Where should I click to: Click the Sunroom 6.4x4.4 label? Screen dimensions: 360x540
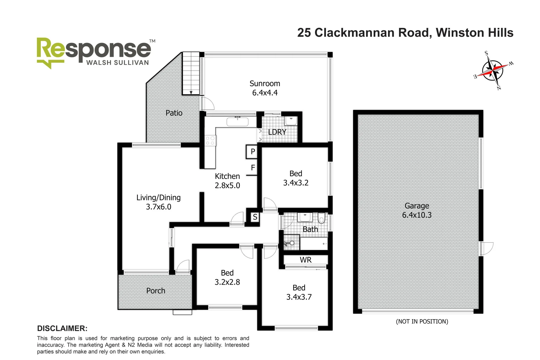point(265,88)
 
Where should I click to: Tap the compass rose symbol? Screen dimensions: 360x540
point(493,70)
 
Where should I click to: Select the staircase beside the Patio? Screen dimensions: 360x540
point(191,74)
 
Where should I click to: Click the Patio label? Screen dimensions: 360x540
point(174,113)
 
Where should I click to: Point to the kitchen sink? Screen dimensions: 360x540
point(237,122)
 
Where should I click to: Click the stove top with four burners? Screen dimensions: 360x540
point(210,140)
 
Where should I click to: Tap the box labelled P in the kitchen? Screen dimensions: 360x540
point(252,152)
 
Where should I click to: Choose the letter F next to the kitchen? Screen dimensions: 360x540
point(253,168)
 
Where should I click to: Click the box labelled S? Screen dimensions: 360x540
point(255,217)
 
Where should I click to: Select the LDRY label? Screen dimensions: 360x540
point(277,132)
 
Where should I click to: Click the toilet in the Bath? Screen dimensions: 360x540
point(321,218)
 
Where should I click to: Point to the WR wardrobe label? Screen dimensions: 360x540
point(305,260)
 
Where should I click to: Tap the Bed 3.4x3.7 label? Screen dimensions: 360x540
point(299,292)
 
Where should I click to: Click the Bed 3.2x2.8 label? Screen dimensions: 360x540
point(227,277)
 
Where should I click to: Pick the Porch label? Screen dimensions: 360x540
point(156,291)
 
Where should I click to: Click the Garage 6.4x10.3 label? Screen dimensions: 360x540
point(417,210)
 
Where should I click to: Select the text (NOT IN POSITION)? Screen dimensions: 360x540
point(422,321)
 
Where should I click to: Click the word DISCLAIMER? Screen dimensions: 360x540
point(62,328)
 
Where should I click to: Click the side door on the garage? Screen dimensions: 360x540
point(486,249)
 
